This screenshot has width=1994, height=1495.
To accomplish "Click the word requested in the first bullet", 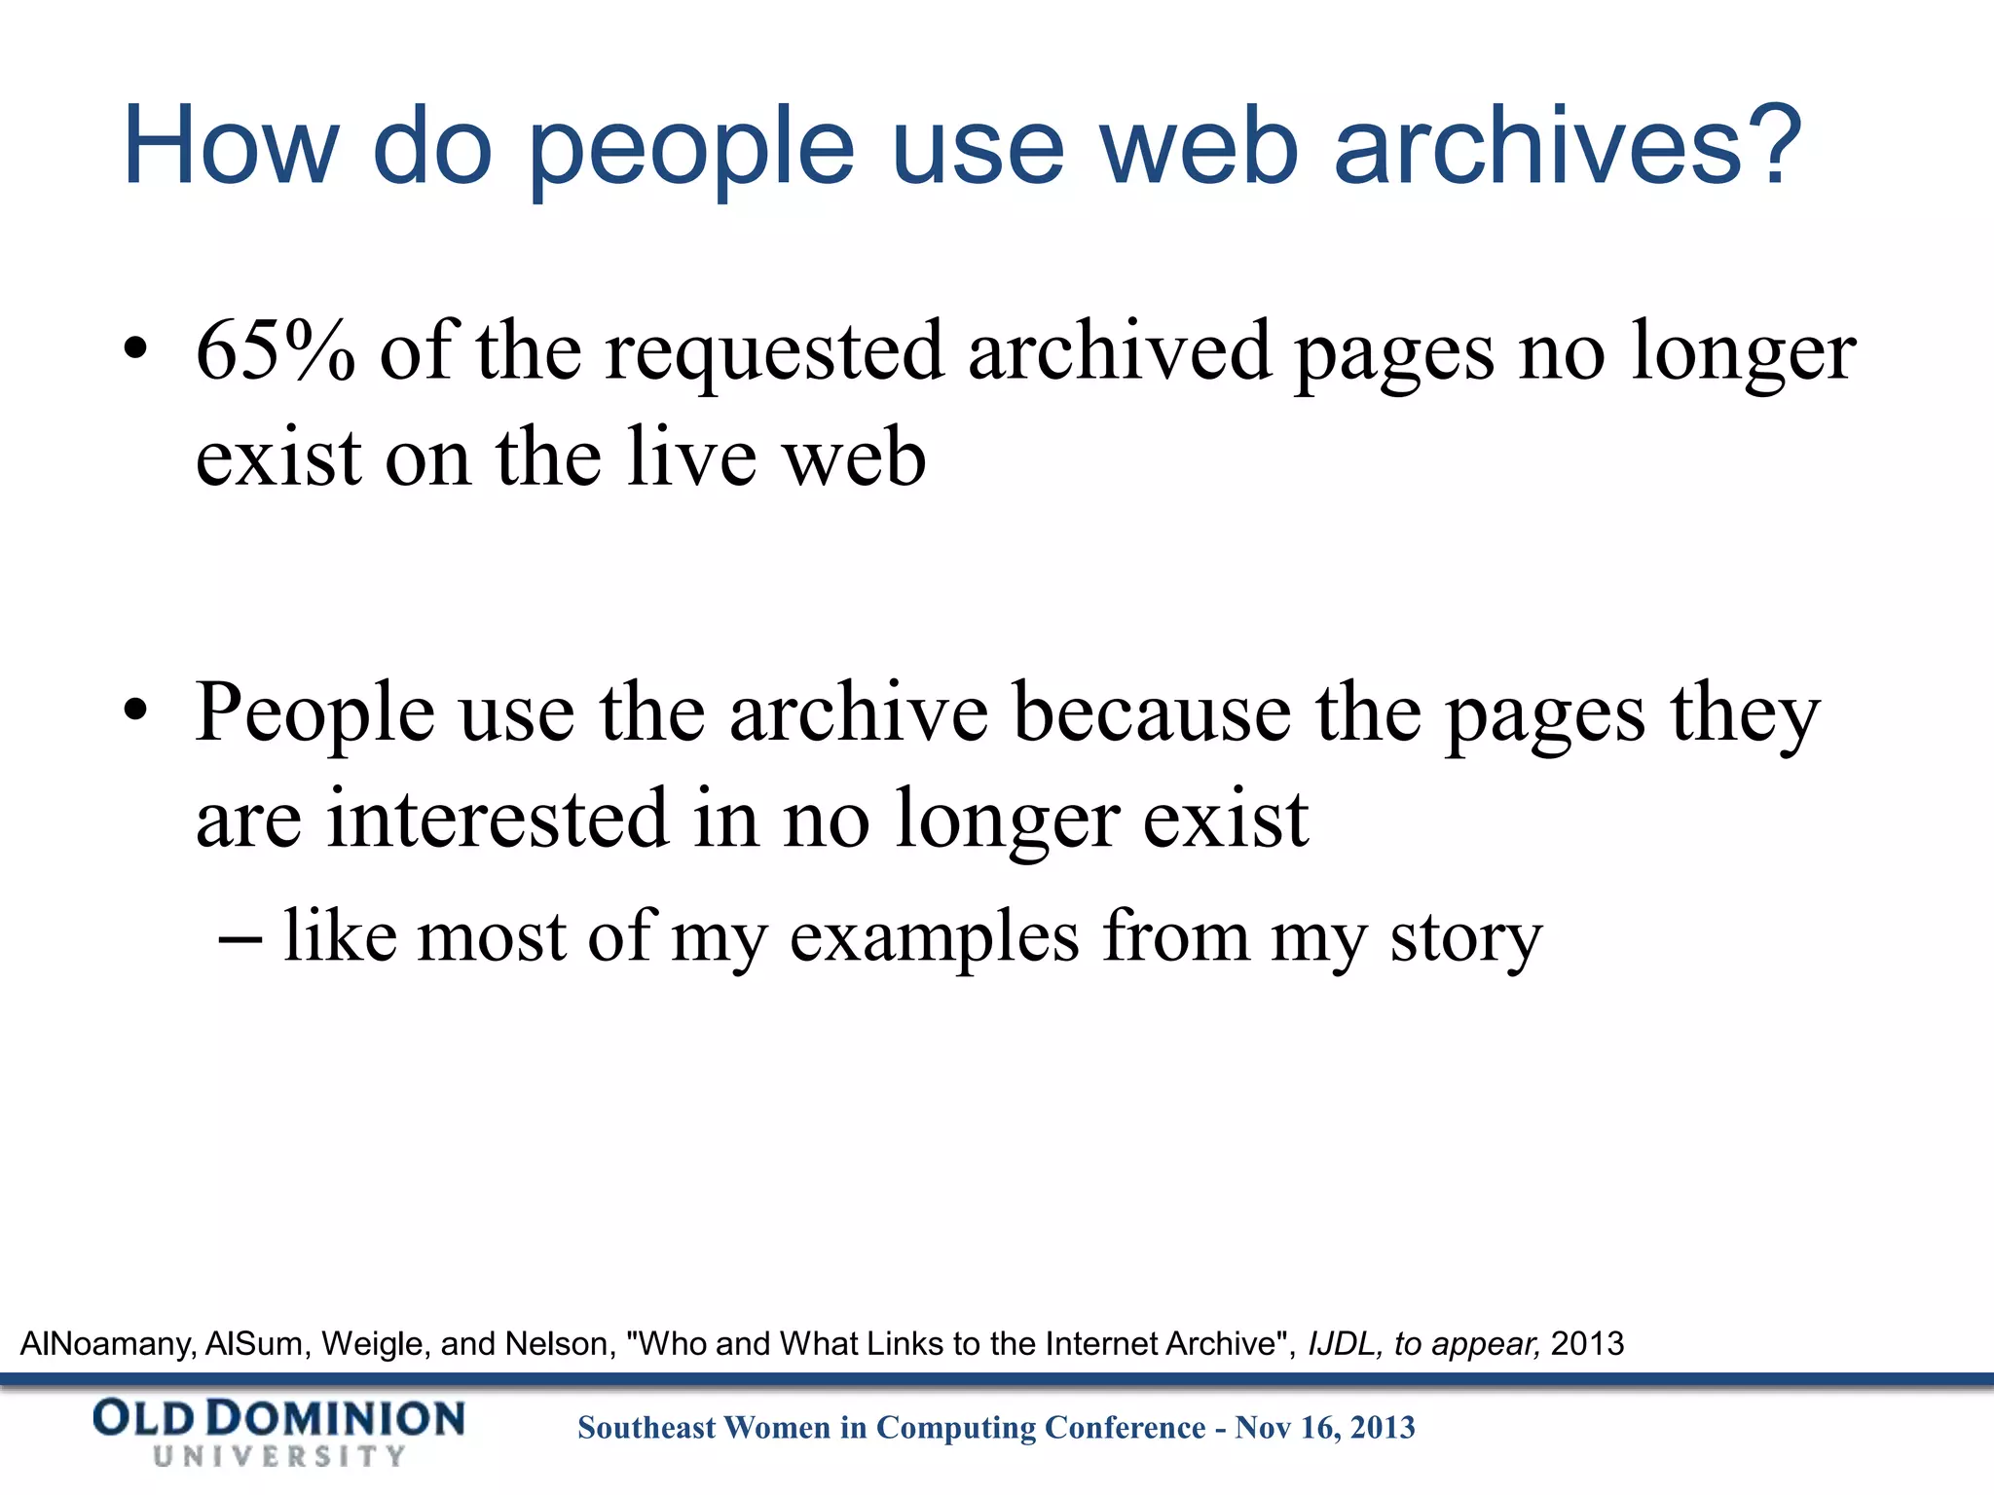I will [774, 352].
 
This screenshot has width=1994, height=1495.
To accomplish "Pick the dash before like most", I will [240, 938].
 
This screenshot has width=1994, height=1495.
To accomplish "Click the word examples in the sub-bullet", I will [934, 938].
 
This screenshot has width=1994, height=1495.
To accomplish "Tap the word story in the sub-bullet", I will [1465, 938].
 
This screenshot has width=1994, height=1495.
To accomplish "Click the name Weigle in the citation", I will [372, 1344].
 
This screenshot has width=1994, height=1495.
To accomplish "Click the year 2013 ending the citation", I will [1587, 1344].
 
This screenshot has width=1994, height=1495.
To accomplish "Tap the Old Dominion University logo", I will [278, 1431].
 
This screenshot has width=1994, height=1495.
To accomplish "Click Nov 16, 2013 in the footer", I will [1325, 1428].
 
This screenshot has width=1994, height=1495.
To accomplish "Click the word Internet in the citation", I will [1101, 1344].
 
